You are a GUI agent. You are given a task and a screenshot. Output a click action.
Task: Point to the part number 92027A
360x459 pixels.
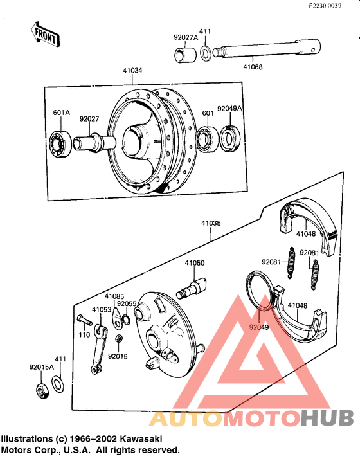click(186, 37)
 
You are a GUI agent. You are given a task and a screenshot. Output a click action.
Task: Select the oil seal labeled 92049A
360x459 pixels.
click(230, 137)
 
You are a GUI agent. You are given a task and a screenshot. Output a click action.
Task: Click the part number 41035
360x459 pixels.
click(211, 224)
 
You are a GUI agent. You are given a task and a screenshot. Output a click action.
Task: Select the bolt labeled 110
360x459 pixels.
click(83, 319)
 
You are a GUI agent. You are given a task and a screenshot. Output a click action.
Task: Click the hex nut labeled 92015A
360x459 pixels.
click(40, 389)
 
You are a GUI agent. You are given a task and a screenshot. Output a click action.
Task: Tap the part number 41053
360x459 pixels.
click(102, 310)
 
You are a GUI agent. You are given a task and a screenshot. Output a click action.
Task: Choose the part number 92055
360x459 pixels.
click(127, 304)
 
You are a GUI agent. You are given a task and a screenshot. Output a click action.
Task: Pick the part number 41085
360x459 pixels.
click(114, 297)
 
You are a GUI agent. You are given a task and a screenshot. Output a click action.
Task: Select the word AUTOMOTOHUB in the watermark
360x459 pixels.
click(251, 418)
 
